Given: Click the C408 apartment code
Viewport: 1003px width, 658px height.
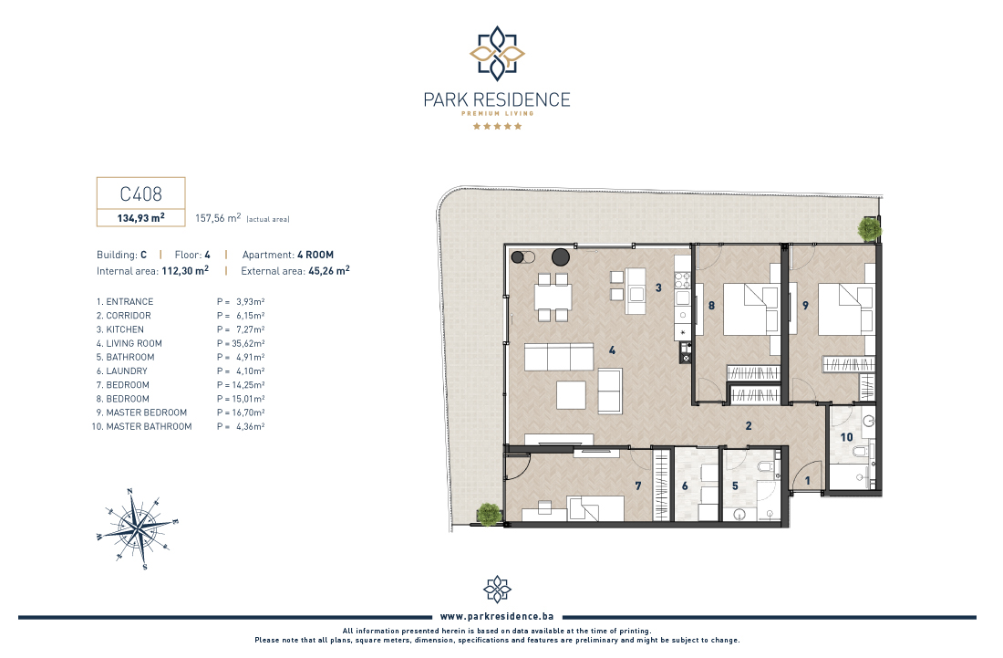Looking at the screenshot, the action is coord(140,194).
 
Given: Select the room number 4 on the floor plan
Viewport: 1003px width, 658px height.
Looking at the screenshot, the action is coord(612,350).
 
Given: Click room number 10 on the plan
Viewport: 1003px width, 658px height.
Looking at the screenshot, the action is coord(846,437).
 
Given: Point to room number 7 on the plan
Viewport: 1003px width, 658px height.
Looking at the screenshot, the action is coord(637,486).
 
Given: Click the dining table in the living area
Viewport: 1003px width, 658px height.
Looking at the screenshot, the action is coord(553,297).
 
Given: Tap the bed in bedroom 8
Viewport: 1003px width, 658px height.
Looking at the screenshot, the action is coord(751,309).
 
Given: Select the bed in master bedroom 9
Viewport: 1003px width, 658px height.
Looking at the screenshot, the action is coord(846,309).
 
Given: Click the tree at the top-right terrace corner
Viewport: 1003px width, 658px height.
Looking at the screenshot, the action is coord(869,228).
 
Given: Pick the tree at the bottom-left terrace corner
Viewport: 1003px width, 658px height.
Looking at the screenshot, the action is coord(489,514).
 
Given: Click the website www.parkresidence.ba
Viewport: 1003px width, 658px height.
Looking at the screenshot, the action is coord(497,616).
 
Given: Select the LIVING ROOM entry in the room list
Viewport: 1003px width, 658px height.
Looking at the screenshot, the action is coord(134,343).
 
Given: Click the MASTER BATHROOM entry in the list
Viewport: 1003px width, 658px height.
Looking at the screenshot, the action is coord(149,426).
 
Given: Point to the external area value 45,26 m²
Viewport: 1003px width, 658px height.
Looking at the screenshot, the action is coord(329,271).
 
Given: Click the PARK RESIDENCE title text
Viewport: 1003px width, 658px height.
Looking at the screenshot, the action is coord(497,99).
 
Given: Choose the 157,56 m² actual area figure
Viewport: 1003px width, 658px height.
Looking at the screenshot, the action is coord(218,217).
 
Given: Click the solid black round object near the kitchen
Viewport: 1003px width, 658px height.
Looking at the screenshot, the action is coord(561,257).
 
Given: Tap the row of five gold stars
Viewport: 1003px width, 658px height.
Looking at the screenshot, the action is coord(497,126).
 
